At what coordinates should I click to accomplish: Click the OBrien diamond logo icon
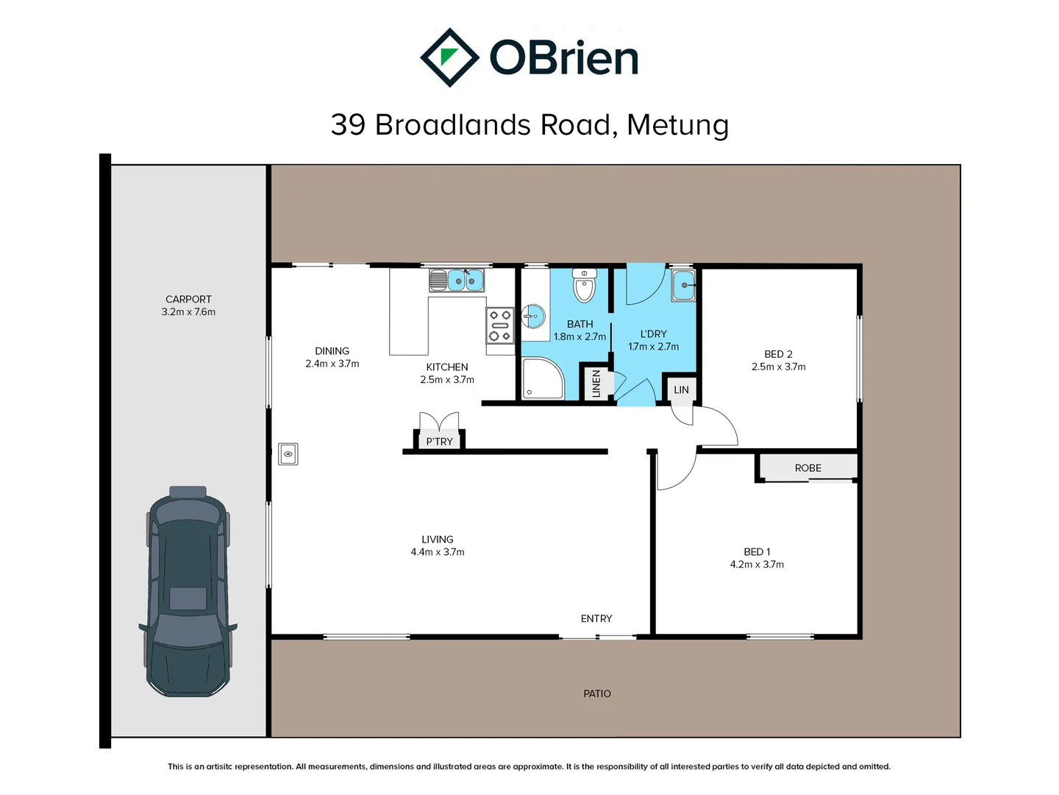pos(449,57)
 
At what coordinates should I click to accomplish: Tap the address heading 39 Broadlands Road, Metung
pos(529,125)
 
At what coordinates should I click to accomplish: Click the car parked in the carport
pos(188,591)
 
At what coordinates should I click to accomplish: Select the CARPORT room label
pos(188,299)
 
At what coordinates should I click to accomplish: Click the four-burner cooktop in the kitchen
pos(500,325)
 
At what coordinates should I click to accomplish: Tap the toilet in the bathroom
pos(585,286)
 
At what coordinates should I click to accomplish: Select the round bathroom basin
pos(533,317)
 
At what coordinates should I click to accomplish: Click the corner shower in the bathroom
pos(542,378)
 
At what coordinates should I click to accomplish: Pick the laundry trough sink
pos(683,285)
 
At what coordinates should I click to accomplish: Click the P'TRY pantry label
pos(439,442)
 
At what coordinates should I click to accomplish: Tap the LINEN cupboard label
pos(596,384)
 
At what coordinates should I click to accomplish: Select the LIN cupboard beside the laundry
pos(682,389)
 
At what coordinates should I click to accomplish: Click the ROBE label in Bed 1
pos(807,468)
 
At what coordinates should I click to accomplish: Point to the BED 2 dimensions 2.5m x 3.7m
pos(778,367)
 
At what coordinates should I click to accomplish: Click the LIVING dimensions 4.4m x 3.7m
pos(438,552)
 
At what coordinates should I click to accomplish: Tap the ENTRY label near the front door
pos(596,618)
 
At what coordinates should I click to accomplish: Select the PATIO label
pos(597,693)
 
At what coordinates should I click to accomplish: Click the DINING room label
pos(332,351)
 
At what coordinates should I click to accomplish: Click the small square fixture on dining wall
pos(288,454)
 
